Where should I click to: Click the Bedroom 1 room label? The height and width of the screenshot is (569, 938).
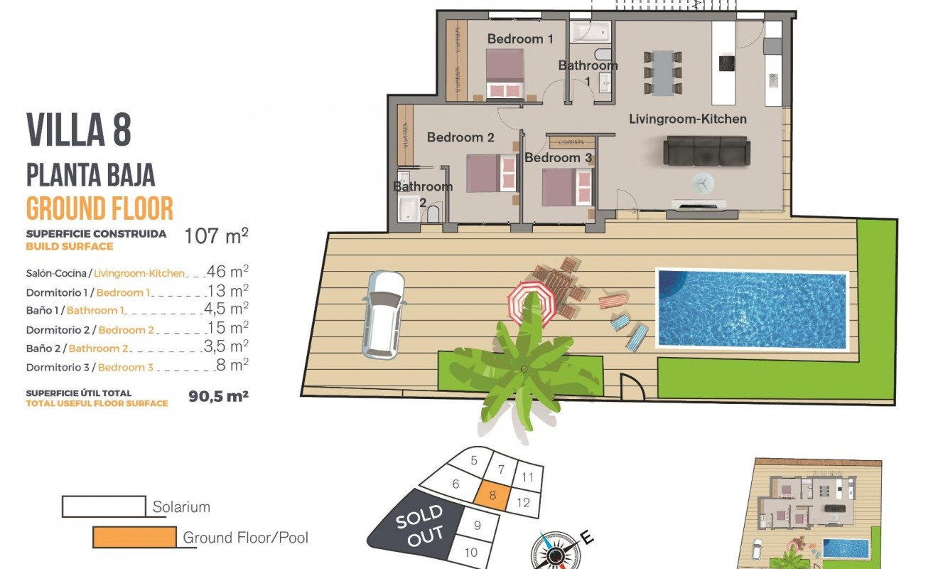520,40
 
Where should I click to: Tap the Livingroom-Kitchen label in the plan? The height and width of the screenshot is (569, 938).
687,119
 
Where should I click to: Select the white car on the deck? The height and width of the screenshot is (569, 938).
384,313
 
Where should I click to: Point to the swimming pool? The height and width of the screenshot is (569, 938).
752,309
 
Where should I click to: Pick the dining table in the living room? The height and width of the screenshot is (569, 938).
663,72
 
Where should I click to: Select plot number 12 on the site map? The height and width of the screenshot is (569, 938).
524,502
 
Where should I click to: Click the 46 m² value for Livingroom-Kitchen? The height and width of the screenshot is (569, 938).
227,272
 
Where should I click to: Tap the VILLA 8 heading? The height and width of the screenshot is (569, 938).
79,131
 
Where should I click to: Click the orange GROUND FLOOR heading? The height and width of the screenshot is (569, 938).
99,209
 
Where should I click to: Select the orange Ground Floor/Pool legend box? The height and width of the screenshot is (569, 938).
134,537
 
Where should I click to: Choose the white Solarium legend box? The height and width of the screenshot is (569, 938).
104,506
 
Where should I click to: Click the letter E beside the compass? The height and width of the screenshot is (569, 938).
586,537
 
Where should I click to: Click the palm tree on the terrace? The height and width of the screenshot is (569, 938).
524,370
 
